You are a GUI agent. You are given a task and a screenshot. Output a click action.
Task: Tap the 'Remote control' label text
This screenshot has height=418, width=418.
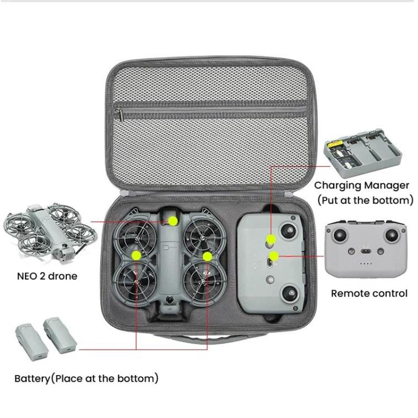tap(369, 293)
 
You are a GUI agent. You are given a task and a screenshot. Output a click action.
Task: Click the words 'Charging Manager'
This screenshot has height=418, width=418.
tap(362, 186)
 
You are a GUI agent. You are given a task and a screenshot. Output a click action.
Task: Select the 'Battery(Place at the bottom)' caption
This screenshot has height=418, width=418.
tap(86, 378)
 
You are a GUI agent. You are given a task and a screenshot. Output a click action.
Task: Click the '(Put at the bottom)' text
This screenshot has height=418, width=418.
tap(365, 200)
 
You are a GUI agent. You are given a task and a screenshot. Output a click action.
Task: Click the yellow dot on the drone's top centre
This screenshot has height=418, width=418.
tap(173, 221)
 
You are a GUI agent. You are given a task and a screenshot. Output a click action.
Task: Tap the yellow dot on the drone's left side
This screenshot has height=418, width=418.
tap(135, 255)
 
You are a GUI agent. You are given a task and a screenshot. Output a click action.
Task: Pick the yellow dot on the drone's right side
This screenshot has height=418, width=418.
tap(207, 256)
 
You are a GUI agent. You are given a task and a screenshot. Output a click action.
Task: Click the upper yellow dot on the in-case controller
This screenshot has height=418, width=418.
tap(271, 240)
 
